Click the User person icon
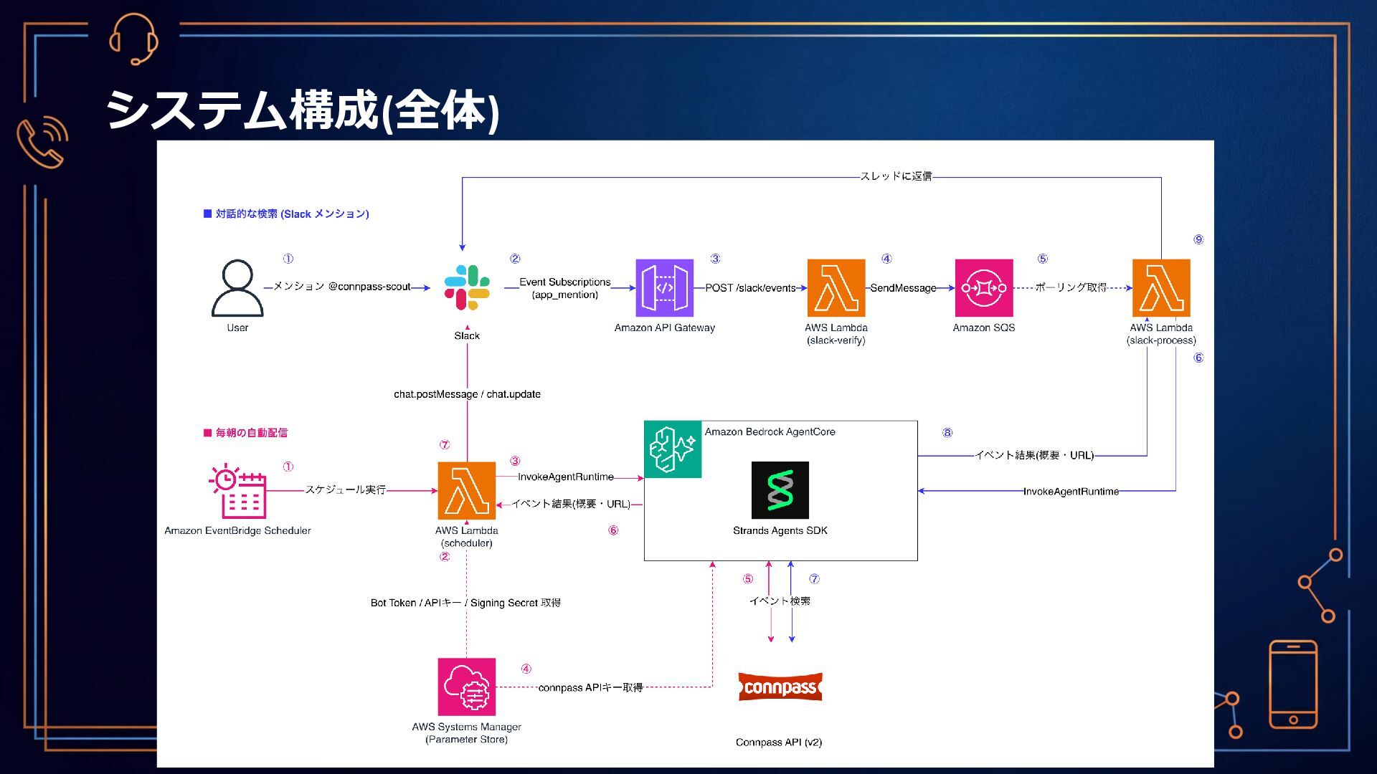pos(237,288)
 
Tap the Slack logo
pos(467,287)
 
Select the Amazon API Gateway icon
pos(664,288)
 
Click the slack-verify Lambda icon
pos(836,288)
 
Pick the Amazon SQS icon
pos(984,288)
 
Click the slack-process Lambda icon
pos(1161,288)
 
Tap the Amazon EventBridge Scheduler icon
pos(237,491)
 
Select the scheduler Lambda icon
pos(467,491)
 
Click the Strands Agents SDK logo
pos(780,490)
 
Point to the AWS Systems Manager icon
pos(467,687)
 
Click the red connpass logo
pos(780,687)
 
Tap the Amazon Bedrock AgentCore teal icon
pos(673,449)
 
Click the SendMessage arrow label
pos(904,288)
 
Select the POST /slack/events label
pos(750,288)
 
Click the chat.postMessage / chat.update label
pos(467,394)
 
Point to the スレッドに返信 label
pos(896,176)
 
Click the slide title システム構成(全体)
pos(303,111)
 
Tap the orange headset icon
pos(133,39)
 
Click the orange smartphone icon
pos(1293,684)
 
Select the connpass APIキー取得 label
pos(590,687)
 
